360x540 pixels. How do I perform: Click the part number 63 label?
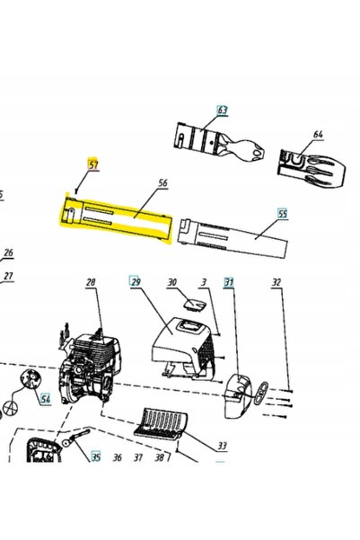[223, 111]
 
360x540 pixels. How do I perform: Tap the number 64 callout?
[319, 134]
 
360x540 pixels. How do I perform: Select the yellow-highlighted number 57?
[93, 164]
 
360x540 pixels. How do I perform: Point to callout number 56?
[162, 182]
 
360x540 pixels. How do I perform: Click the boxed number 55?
[283, 214]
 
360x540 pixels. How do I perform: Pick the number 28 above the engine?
[91, 282]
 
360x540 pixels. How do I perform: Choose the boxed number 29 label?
[134, 281]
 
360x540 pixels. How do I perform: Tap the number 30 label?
[172, 282]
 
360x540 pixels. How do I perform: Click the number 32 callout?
[277, 282]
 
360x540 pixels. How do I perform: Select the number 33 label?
[223, 446]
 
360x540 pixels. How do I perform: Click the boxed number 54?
[45, 398]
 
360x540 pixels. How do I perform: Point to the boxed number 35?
[96, 456]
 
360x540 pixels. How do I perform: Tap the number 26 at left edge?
[8, 252]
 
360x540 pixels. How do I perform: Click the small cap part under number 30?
[194, 305]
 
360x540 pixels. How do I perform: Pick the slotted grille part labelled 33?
[162, 423]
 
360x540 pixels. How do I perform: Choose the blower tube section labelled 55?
[233, 237]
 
